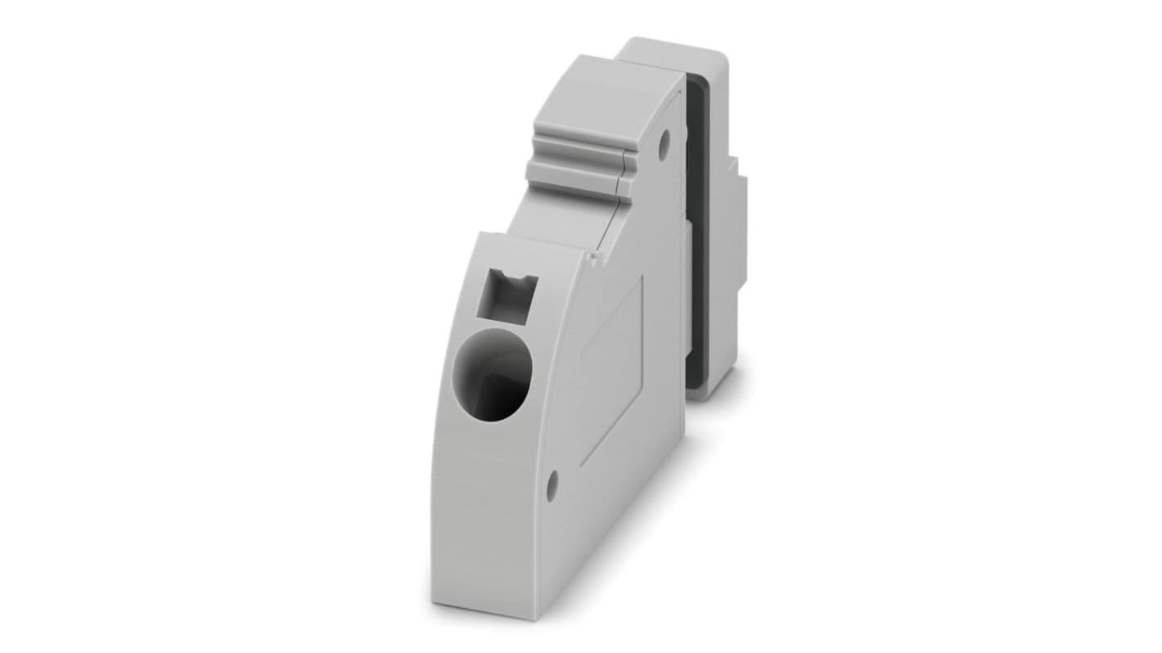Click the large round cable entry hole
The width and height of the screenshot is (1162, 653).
[493, 376]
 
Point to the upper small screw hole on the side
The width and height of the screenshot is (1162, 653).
[664, 141]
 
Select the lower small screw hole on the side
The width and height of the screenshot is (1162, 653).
[552, 485]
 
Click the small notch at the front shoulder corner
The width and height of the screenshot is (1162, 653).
[592, 257]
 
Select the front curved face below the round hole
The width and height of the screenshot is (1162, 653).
[483, 507]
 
